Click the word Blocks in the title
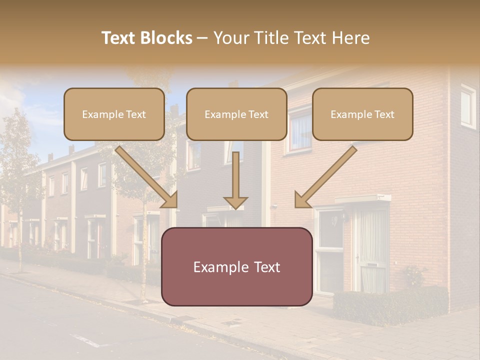166,38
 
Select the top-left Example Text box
114,114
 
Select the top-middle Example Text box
236,114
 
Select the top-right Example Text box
362,114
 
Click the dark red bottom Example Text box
237,266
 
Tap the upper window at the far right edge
468,106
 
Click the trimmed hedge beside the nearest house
390,305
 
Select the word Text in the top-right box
383,114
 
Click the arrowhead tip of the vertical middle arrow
235,207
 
